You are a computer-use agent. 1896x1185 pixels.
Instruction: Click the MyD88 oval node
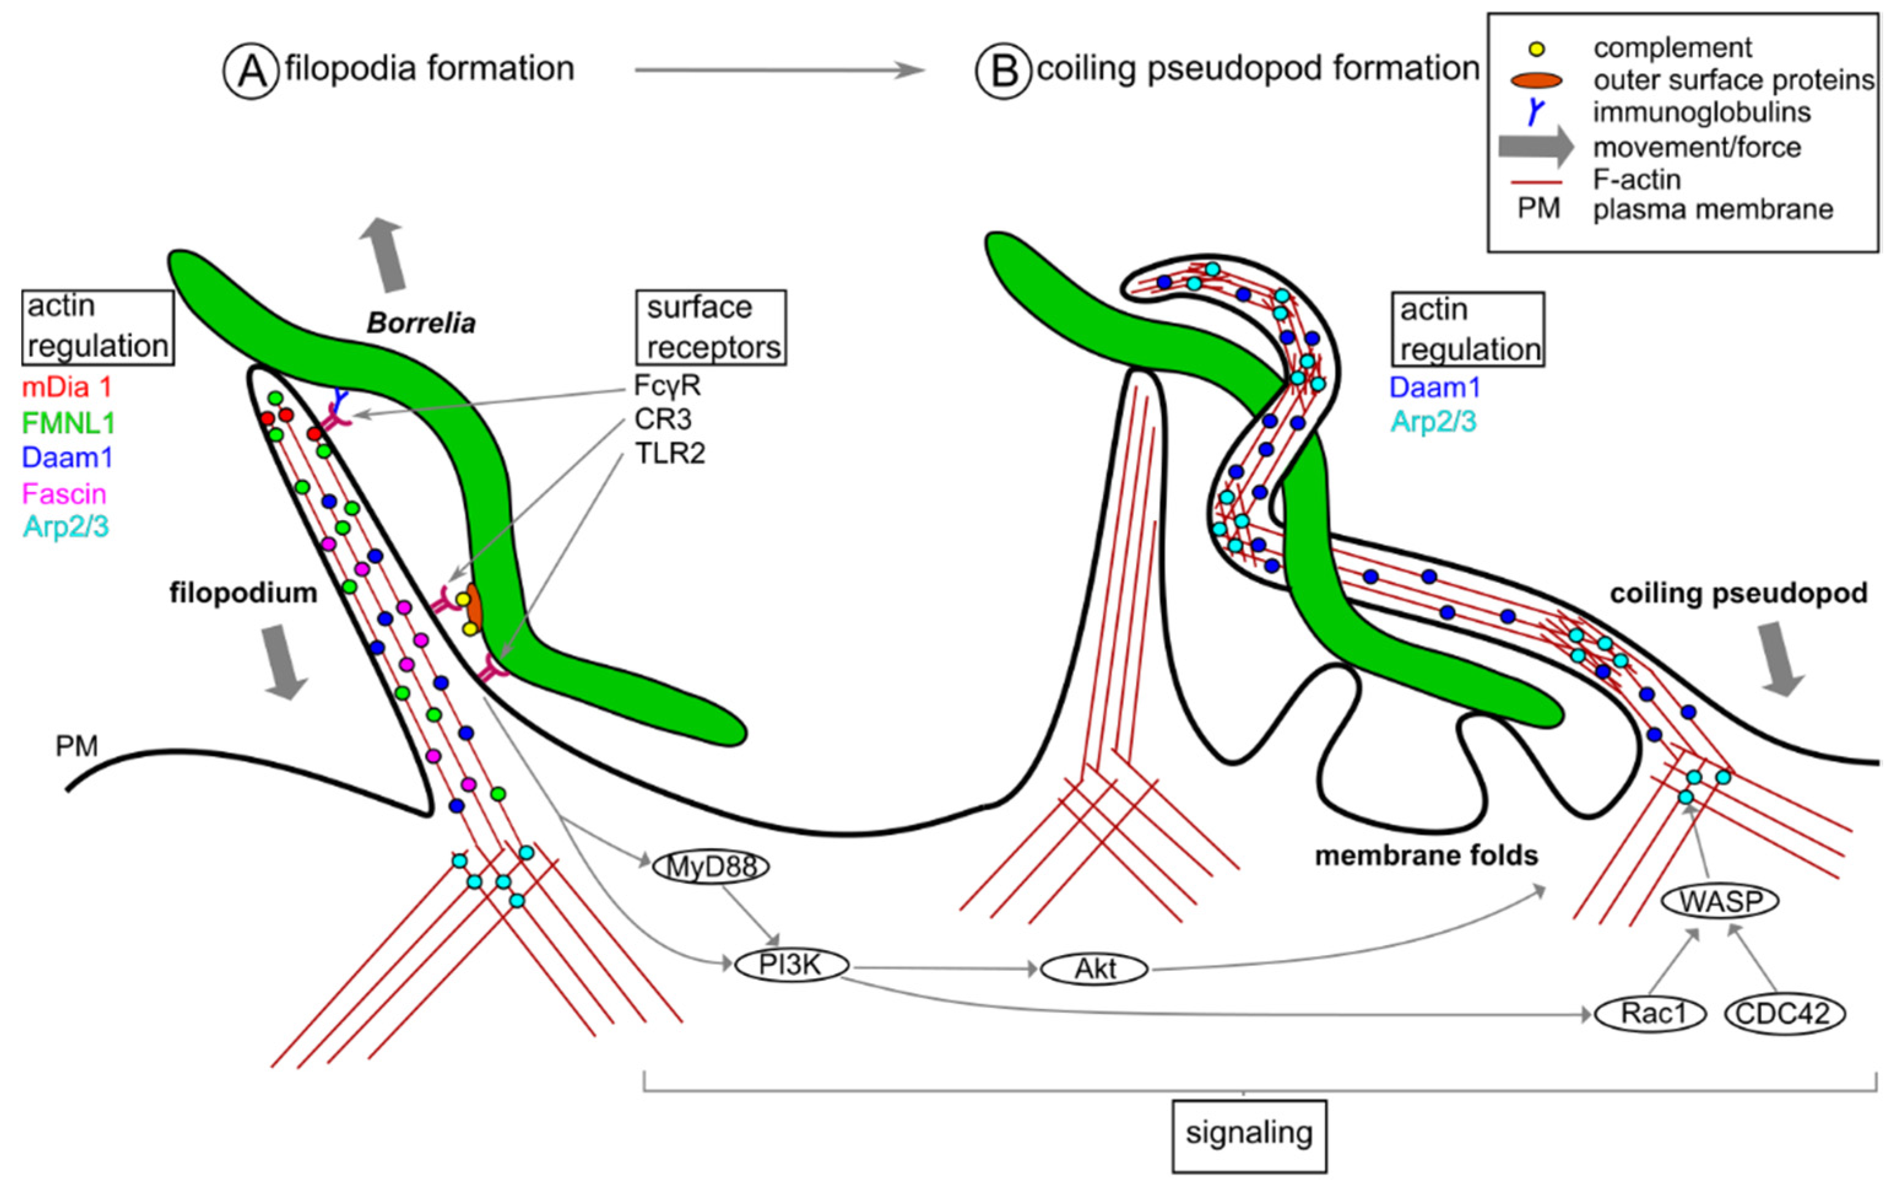(x=711, y=867)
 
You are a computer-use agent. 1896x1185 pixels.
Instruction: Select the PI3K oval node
(x=791, y=965)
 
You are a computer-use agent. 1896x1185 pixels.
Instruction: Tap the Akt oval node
(x=1094, y=968)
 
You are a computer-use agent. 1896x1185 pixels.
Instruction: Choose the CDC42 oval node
(x=1784, y=1014)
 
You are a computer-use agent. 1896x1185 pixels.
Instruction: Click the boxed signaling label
(x=1249, y=1134)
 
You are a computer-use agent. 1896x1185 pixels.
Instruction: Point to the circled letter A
(x=251, y=71)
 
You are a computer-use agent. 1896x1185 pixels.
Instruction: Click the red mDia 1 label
(x=67, y=387)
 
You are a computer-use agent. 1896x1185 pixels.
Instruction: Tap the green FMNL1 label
(x=68, y=423)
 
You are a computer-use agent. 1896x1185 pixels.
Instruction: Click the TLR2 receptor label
(x=669, y=454)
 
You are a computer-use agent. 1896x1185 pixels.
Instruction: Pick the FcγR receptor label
(x=667, y=386)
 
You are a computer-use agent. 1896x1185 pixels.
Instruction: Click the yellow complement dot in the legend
(x=1537, y=49)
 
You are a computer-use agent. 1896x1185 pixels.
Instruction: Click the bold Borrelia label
(x=421, y=323)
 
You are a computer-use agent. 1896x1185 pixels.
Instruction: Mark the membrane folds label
(x=1426, y=855)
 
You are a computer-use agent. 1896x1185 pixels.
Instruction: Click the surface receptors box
(x=711, y=328)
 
